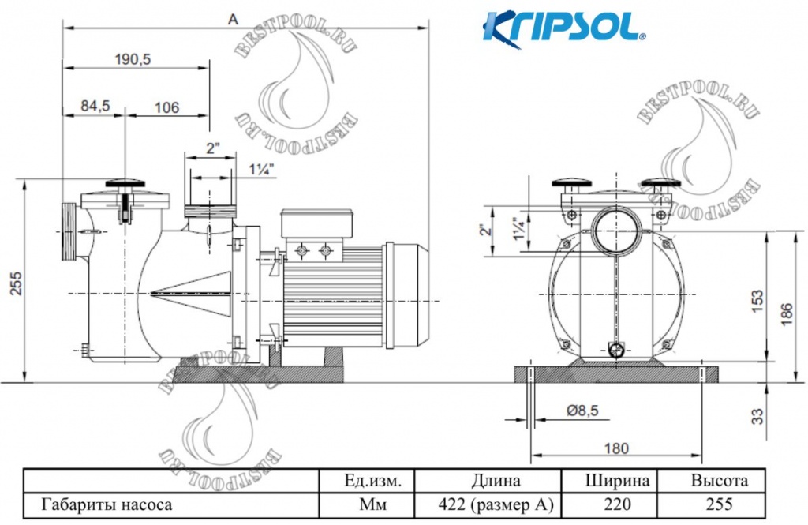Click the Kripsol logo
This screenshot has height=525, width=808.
tap(564, 26)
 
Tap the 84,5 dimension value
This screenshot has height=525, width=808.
tap(95, 107)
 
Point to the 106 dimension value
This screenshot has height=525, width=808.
tap(166, 107)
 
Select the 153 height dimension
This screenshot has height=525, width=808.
tap(757, 298)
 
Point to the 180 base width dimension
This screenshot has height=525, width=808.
tap(616, 448)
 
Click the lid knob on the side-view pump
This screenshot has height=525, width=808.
tap(125, 183)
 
